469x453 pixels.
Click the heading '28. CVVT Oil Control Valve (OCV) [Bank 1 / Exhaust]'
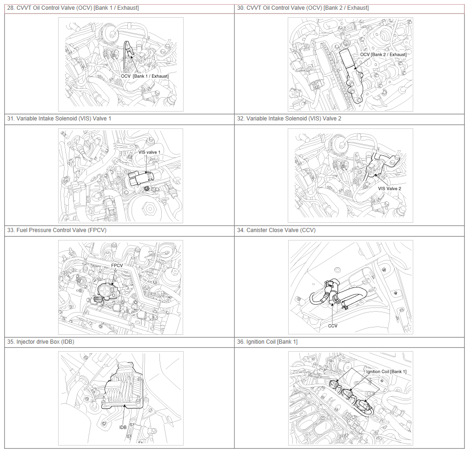coord(73,8)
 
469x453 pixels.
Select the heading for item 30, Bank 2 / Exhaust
coord(303,8)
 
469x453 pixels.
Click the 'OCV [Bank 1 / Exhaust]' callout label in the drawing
coord(145,76)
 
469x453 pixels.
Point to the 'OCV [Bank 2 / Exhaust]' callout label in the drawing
coord(383,54)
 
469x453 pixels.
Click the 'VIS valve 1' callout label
coord(149,152)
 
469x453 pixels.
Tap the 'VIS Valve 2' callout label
coord(390,188)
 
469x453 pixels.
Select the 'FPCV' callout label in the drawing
coord(117,266)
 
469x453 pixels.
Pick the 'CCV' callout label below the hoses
coord(333,326)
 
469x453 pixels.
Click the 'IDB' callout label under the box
coord(123,427)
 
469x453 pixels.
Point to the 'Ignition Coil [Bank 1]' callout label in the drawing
coord(386,372)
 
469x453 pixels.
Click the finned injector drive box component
coord(123,386)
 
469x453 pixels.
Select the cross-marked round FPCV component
coord(106,290)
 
